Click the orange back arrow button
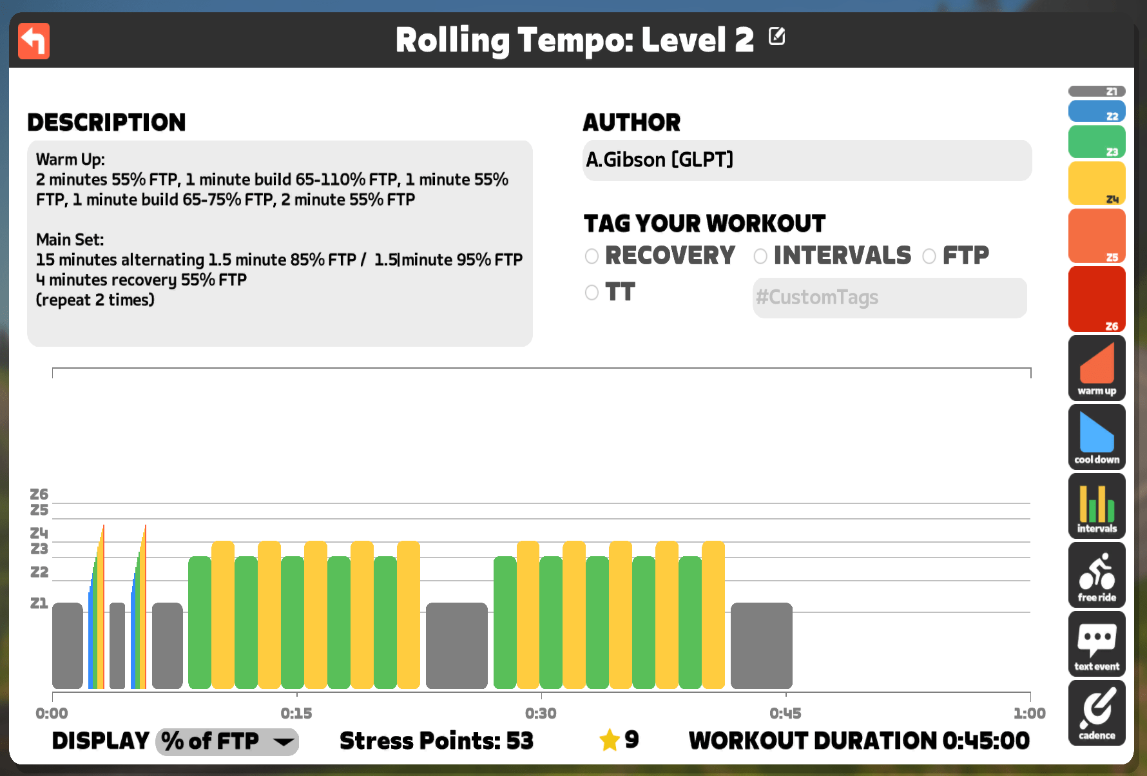coord(34,41)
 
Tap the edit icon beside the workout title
coord(777,36)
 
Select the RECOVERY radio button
coord(592,257)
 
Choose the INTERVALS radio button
coord(760,257)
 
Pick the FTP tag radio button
coord(929,257)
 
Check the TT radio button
coord(592,293)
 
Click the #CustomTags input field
coord(889,298)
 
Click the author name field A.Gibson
coord(807,160)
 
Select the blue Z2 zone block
coord(1097,112)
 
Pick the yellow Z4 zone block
coord(1097,184)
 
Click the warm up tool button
coord(1097,368)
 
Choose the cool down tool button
coord(1097,437)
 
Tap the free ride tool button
coord(1097,575)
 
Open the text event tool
coord(1097,644)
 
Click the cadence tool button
coord(1097,713)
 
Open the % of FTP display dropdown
coord(227,742)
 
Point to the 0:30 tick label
coord(541,713)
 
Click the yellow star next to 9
coord(610,740)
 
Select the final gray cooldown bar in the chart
coord(762,646)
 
